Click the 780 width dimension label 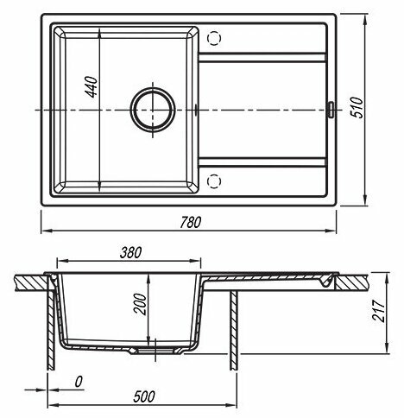pyautogui.click(x=191, y=223)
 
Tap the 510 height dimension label pyautogui.click(x=357, y=107)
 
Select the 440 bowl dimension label pyautogui.click(x=92, y=87)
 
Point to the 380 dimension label pyautogui.click(x=130, y=252)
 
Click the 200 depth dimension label pyautogui.click(x=140, y=304)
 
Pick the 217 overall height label pyautogui.click(x=378, y=311)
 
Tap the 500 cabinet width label pyautogui.click(x=144, y=396)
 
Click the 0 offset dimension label pyautogui.click(x=79, y=382)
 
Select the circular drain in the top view pyautogui.click(x=153, y=110)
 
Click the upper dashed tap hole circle pyautogui.click(x=214, y=38)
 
